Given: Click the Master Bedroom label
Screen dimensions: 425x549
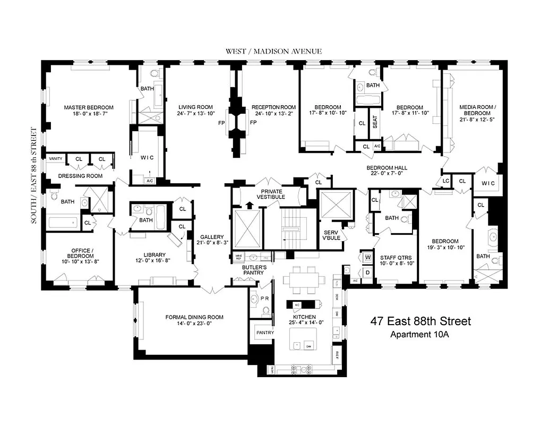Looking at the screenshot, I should point(89,107).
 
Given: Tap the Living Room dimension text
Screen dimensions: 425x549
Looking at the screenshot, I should point(195,113).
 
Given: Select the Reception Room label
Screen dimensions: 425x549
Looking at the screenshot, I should point(273,107).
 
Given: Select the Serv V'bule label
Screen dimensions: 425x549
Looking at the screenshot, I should point(331,235).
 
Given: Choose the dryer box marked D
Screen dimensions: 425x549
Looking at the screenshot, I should point(367,272).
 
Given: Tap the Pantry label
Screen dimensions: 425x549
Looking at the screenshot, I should point(264,333).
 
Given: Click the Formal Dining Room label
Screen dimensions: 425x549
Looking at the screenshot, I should point(193,317).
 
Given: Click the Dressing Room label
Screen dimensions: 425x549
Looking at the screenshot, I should point(80,175).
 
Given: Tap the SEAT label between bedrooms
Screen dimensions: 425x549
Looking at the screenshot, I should point(375,123).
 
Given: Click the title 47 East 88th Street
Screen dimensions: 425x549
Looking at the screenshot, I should point(419,321).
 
